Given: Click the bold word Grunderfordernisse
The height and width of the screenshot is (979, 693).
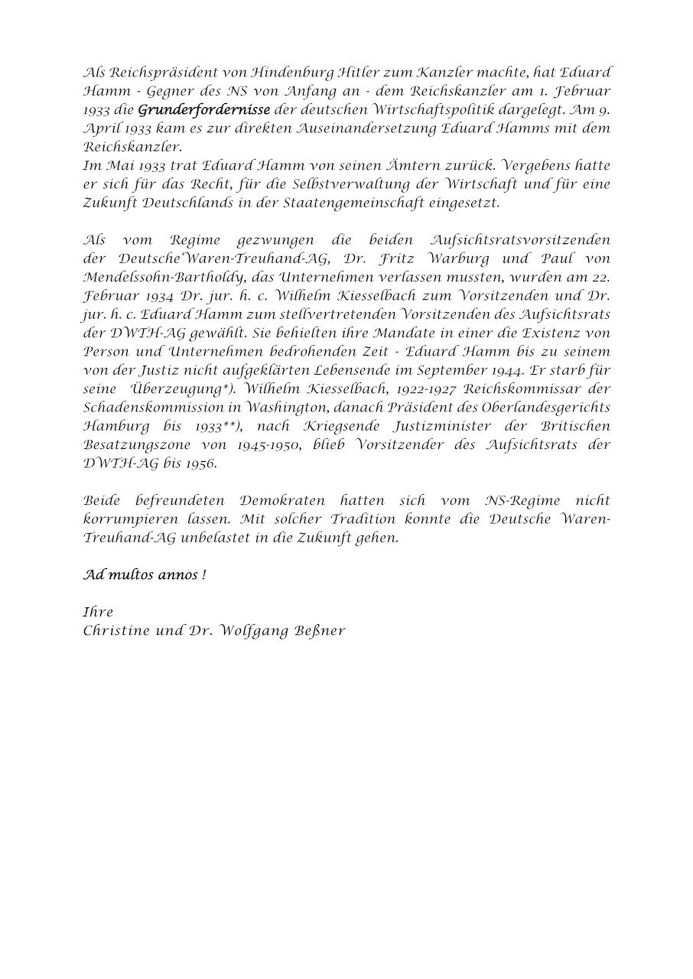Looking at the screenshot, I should pos(204,110).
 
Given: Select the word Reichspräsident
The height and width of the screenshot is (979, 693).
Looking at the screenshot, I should pos(153,73).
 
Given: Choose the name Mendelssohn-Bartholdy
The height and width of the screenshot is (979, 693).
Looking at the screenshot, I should pos(150,278).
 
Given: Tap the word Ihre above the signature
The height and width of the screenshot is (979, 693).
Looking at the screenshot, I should pos(98,612).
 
